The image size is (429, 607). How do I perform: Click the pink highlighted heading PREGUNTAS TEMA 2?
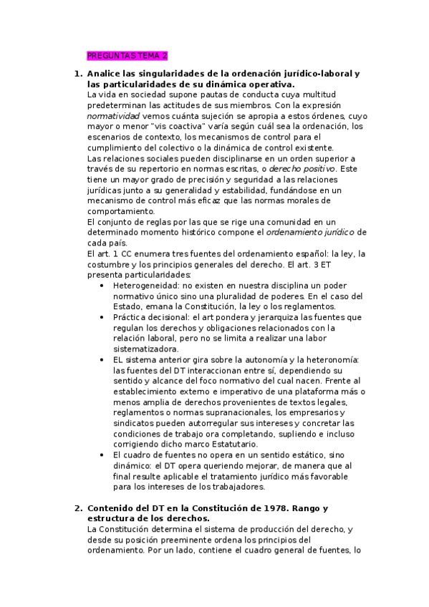[127, 55]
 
